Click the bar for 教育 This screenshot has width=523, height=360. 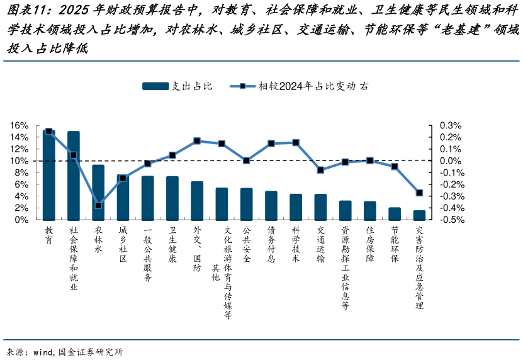tap(49, 176)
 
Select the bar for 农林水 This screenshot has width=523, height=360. tap(98, 193)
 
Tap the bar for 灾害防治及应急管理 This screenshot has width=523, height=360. tap(419, 215)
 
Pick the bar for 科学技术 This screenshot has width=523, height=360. tap(296, 207)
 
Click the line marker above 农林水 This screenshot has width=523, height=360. tap(98, 205)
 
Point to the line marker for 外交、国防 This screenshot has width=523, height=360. tap(197, 141)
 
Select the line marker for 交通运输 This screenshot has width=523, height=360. tap(320, 170)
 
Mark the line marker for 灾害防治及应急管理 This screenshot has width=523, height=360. tap(419, 193)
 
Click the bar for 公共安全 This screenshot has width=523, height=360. tap(247, 204)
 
